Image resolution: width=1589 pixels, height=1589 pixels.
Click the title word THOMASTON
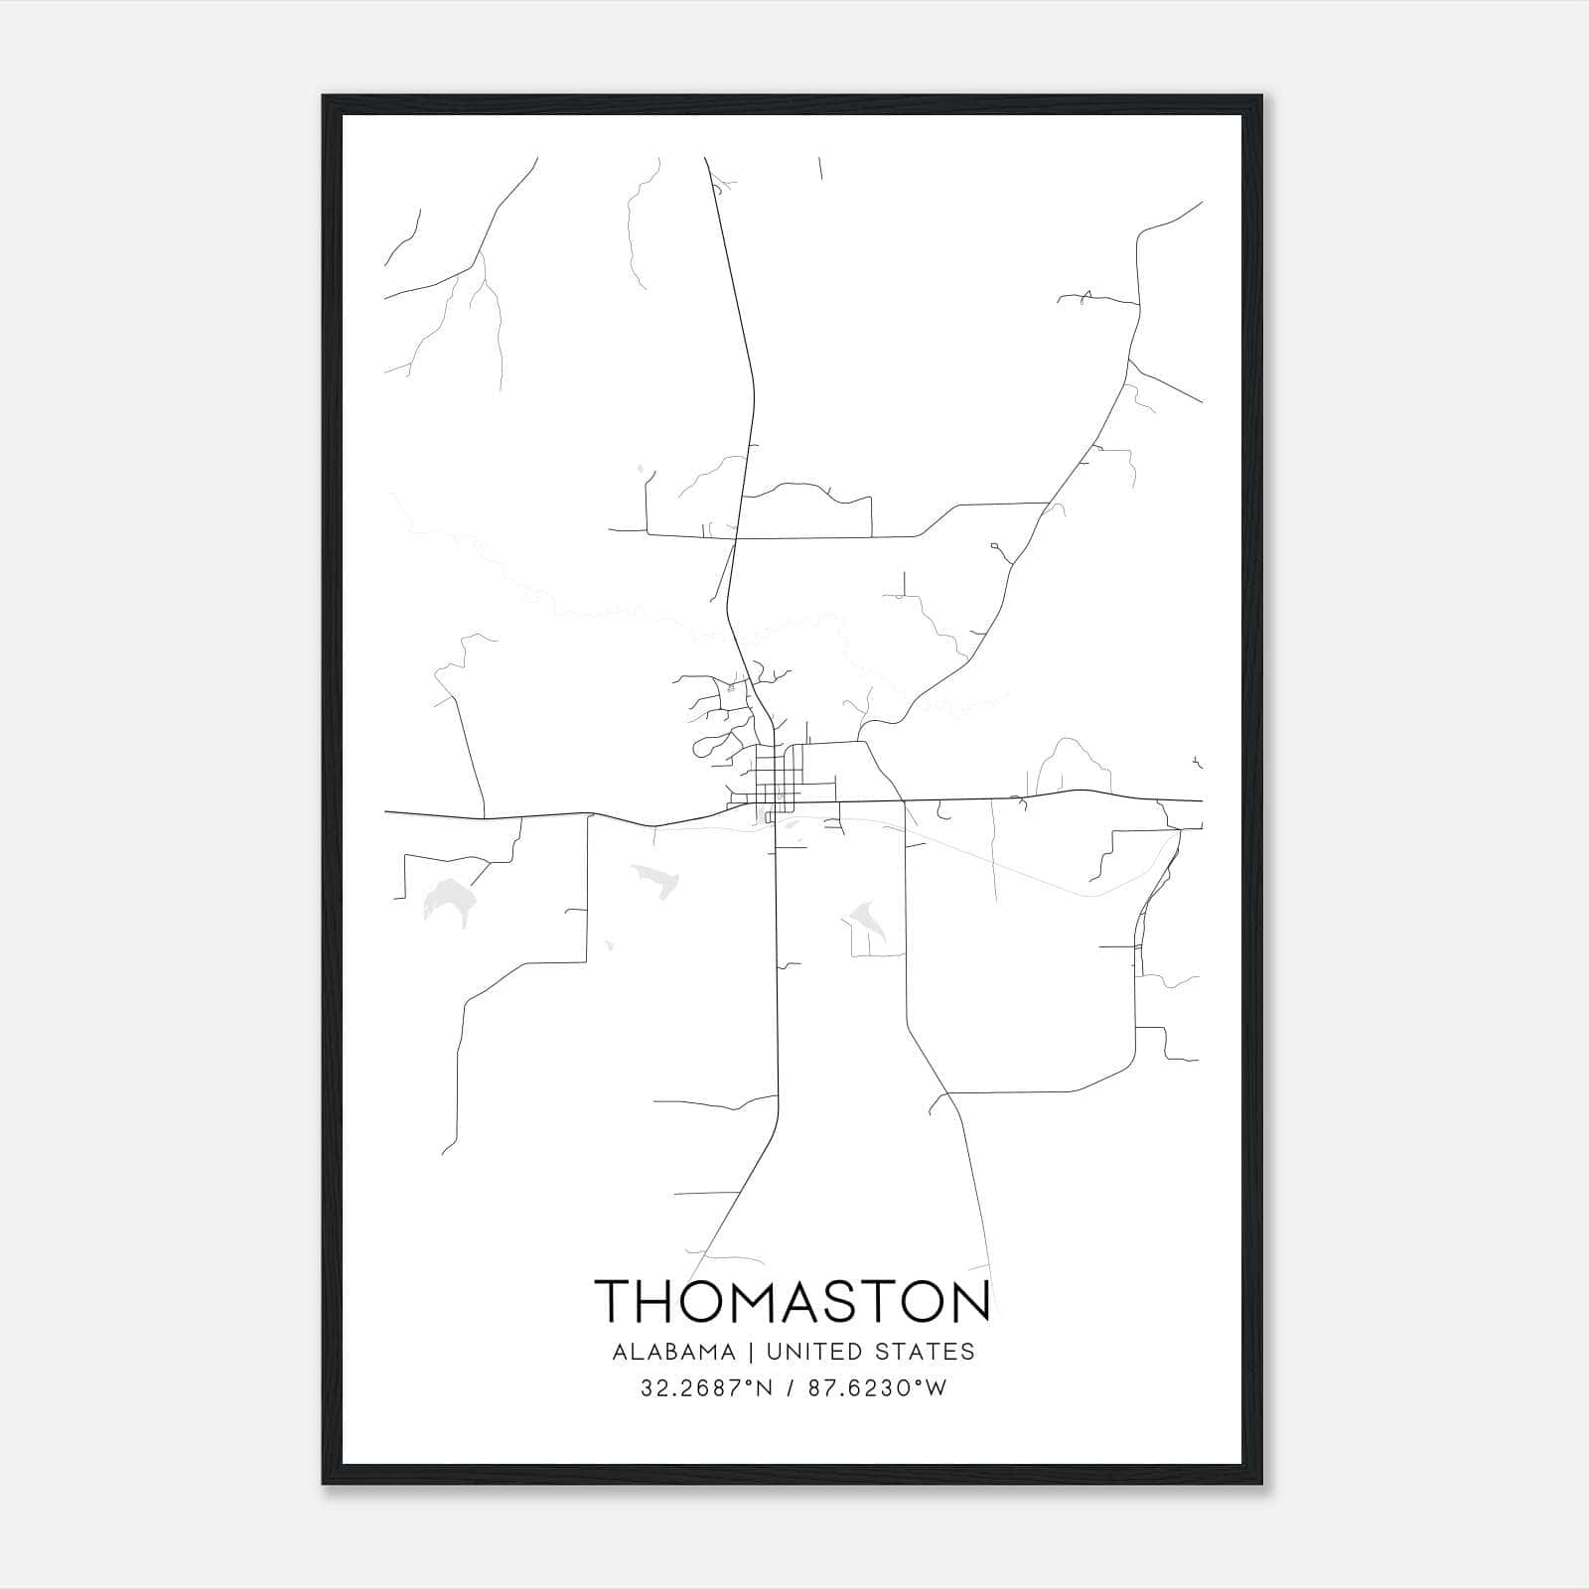click(793, 1302)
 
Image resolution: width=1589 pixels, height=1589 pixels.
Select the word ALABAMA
click(674, 1352)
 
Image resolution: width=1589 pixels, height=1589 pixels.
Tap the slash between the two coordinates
click(789, 1388)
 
